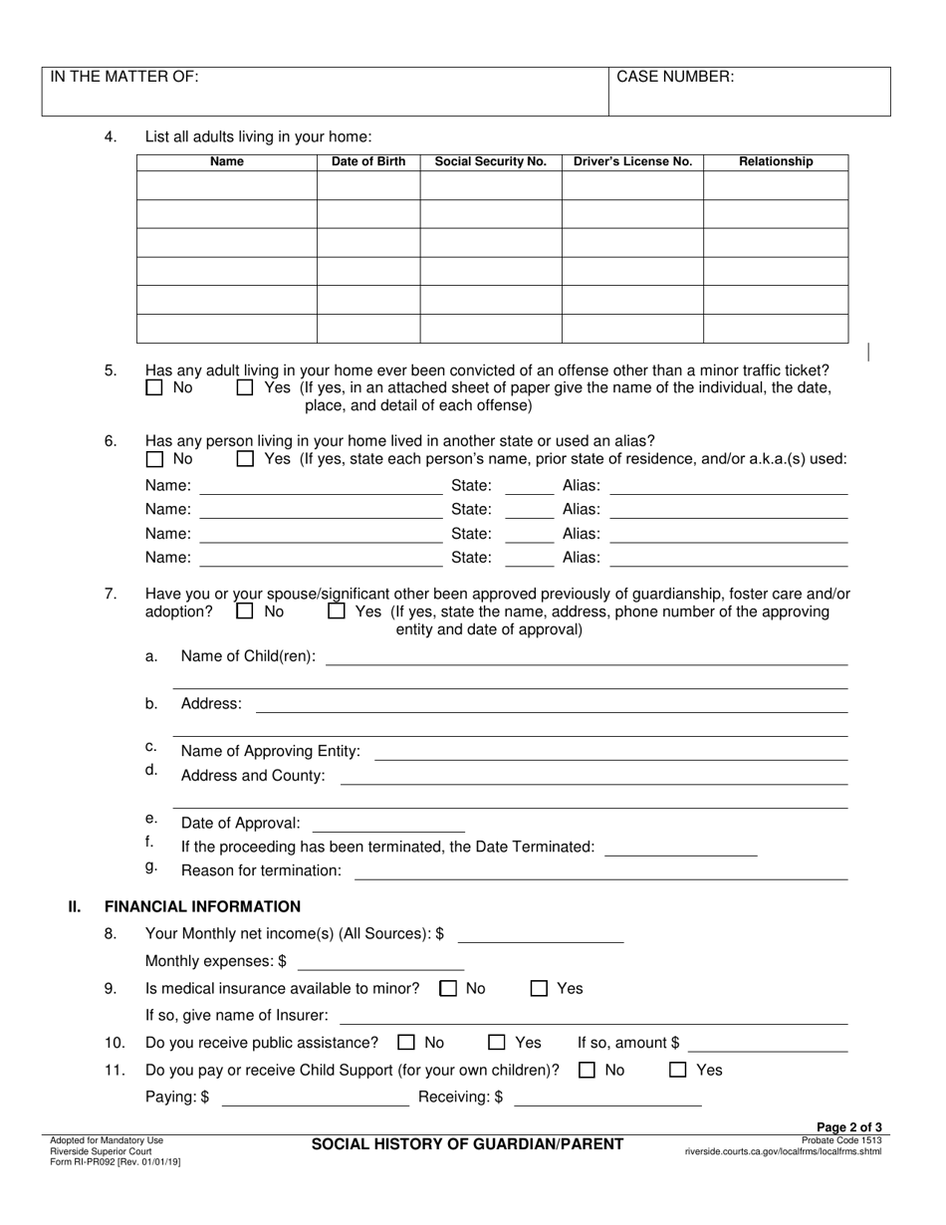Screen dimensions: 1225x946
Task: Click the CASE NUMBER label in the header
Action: point(675,77)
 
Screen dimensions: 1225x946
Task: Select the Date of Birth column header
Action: point(368,161)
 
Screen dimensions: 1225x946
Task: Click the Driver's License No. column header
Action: point(632,161)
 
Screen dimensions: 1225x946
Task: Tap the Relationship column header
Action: point(776,161)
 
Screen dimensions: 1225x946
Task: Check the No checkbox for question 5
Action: point(153,388)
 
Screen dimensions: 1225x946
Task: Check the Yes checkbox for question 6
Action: point(245,459)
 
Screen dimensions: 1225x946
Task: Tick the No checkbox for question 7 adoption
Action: point(245,612)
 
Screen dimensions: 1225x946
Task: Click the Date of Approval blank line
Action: point(388,825)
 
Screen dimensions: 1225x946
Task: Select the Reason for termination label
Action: point(261,871)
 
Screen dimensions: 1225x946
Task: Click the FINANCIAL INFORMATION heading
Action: point(202,906)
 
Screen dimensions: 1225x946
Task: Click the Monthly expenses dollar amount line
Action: point(380,963)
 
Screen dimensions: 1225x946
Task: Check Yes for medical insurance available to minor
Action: point(539,989)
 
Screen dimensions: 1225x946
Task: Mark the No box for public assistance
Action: point(405,1044)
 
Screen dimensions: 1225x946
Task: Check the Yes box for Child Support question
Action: point(678,1071)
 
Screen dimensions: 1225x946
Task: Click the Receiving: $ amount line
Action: point(606,1099)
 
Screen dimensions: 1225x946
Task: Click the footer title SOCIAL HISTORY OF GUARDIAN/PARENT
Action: point(468,1144)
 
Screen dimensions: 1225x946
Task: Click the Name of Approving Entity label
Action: point(271,751)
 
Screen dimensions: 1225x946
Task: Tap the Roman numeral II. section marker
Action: point(74,906)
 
